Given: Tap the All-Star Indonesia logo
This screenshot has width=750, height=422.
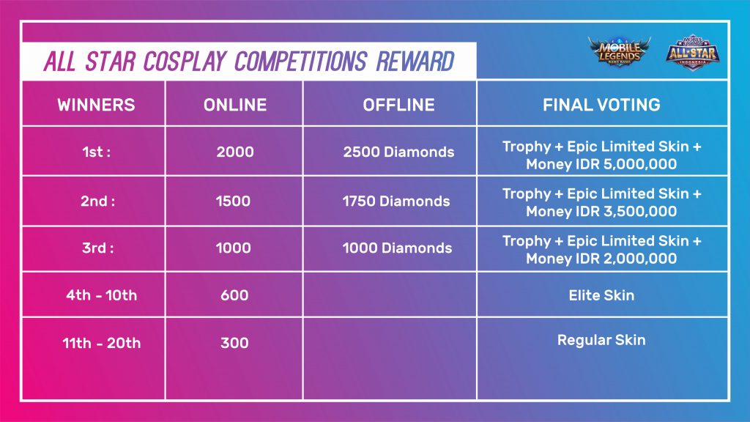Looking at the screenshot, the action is pos(693,53).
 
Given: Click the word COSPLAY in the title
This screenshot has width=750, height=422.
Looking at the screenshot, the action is pos(185,62).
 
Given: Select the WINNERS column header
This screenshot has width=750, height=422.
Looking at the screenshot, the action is pos(96,105).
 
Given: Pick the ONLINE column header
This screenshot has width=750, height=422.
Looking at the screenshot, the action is pos(235,105).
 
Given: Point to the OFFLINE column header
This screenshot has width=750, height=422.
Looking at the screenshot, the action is pos(399,105).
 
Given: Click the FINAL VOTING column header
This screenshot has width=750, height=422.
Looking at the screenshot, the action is pos(601,105).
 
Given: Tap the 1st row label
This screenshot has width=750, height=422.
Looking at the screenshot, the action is pos(96,152).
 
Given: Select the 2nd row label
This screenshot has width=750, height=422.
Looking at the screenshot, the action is pos(97,201).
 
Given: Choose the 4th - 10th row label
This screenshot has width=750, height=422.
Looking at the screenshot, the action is pos(101,295).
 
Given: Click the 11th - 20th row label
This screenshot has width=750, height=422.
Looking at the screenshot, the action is pos(101,343).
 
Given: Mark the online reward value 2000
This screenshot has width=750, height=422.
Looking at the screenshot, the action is pos(235,152).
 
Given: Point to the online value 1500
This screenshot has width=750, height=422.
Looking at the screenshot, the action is pos(233,201).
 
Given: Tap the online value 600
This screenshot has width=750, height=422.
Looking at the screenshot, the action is pos(234,295).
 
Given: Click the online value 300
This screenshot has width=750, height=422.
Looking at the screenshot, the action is pos(234,343).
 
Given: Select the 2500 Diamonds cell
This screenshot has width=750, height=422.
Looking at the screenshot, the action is pos(398,152).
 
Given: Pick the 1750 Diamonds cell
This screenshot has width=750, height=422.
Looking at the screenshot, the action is pos(396,201).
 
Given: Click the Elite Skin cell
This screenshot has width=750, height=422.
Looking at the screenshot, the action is pos(601,295).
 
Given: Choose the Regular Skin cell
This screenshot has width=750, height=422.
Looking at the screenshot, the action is pos(601,340).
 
